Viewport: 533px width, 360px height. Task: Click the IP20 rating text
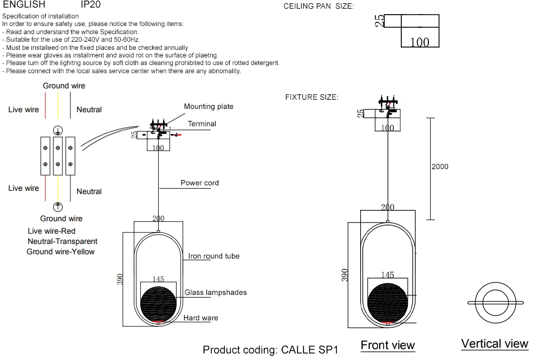tap(90, 4)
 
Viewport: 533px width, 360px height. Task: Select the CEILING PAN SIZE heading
tap(318, 7)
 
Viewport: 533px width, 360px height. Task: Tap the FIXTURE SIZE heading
tap(311, 98)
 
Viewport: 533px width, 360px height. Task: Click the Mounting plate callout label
tap(209, 107)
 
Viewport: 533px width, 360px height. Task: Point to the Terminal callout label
tap(202, 124)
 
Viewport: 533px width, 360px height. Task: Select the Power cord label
tap(200, 183)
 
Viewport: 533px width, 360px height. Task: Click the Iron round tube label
tap(214, 256)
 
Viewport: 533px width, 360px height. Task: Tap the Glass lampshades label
tap(216, 293)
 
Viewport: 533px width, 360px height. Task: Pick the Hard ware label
tap(201, 318)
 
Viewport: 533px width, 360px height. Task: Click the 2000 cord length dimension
tap(440, 167)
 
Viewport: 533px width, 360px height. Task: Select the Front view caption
tap(388, 345)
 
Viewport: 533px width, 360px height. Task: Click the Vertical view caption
tap(495, 344)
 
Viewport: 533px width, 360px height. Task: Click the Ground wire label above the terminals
tap(64, 86)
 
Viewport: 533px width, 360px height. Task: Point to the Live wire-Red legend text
tap(51, 232)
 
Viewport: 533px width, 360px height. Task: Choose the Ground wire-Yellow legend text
tap(61, 252)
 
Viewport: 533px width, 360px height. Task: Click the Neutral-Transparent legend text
tap(63, 242)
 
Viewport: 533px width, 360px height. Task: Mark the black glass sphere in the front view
tap(388, 303)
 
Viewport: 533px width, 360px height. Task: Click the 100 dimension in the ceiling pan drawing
tap(420, 42)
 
